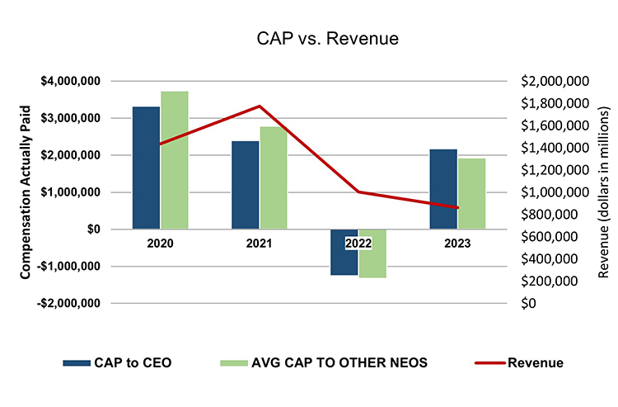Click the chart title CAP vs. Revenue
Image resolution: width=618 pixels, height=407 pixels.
(308, 38)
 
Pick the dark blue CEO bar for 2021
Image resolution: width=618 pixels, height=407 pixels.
(245, 185)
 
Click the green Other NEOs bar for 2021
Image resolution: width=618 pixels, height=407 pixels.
(274, 177)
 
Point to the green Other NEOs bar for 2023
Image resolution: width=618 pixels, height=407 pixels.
(471, 193)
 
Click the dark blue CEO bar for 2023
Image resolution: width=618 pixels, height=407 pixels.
(442, 189)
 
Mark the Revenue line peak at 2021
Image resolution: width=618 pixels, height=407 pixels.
(260, 106)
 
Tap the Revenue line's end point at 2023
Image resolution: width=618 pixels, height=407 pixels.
(457, 208)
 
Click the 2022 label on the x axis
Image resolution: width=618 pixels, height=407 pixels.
(358, 244)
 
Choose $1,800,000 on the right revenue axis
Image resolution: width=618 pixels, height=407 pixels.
(554, 103)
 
